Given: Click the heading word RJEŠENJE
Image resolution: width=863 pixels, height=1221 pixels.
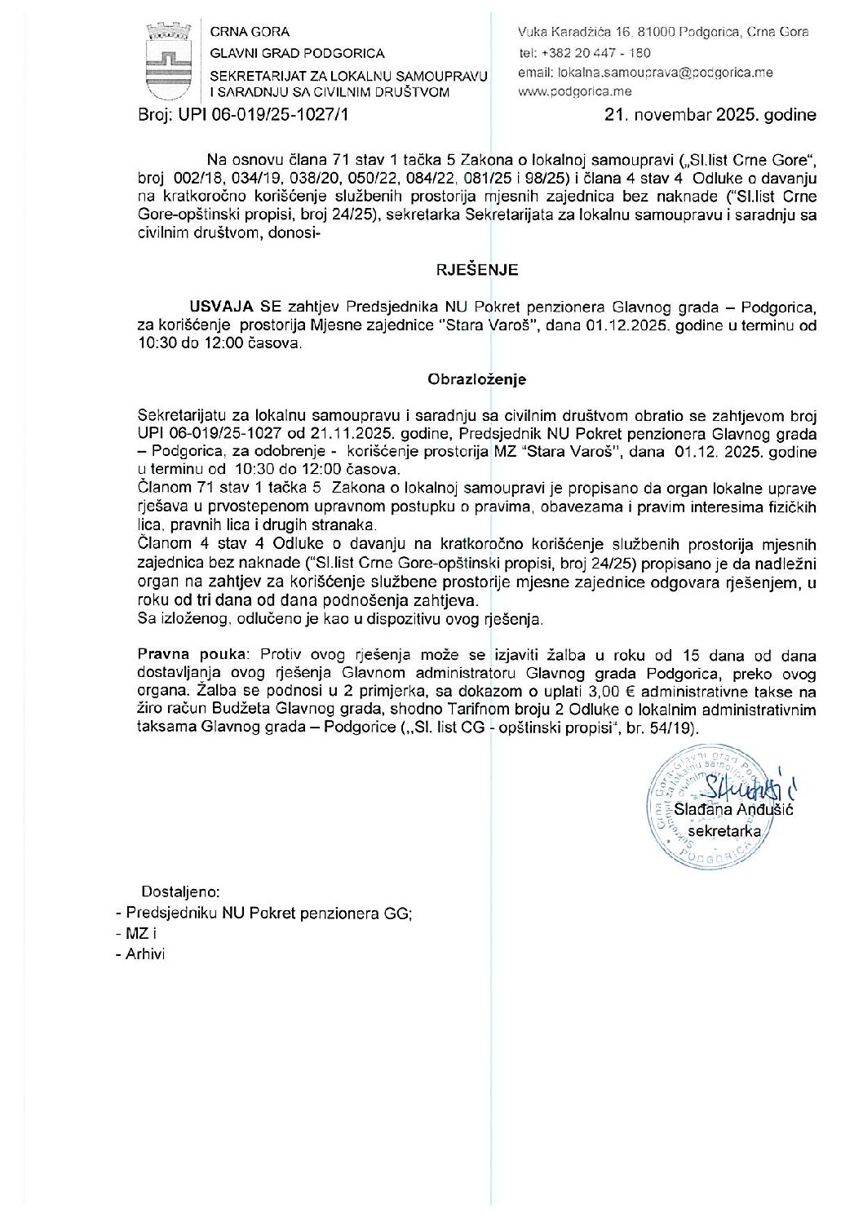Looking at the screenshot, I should [x=477, y=270].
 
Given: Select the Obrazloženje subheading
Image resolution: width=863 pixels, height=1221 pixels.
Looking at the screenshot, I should [x=477, y=379].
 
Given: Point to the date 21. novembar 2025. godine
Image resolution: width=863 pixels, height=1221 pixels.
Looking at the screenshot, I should [x=710, y=115].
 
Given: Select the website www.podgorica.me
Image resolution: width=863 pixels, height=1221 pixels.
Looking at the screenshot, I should [x=574, y=91].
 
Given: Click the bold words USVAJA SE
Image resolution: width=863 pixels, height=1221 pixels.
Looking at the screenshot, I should [x=236, y=307].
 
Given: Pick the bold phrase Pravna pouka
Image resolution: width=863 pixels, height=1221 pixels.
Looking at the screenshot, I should [x=193, y=655].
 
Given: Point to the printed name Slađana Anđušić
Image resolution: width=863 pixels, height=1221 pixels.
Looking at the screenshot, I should [x=733, y=809].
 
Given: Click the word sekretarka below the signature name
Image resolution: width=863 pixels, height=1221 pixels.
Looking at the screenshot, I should [x=724, y=831].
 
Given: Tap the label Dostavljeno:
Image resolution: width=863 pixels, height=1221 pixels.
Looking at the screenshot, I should [x=180, y=892].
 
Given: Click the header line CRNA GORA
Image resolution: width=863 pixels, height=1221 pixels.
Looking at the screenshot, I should [x=250, y=32].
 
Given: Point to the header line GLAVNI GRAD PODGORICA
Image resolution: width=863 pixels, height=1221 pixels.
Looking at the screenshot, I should [x=297, y=53].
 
